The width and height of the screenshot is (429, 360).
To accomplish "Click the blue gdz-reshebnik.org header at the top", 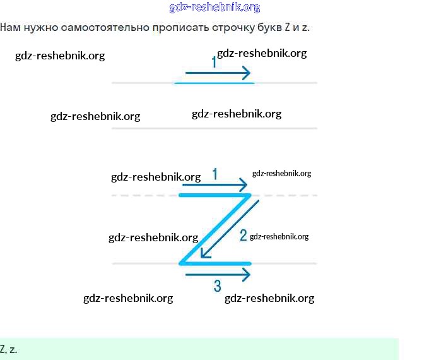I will point(214,8).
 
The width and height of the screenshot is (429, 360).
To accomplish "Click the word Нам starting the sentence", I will point(9,28).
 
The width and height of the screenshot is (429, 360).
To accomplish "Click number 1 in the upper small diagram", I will point(214,62).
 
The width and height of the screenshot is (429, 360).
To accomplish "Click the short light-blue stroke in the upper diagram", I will point(214,83).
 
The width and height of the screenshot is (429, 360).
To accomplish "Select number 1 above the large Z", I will point(215,174).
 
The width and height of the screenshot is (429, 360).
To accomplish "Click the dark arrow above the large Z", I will point(214,185).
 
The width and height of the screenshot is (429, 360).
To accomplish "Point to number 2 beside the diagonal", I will point(243,236).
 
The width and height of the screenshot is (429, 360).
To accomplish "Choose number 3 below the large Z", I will point(217,286).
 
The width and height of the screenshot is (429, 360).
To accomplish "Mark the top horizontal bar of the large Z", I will point(214,195).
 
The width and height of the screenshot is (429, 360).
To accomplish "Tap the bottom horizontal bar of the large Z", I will point(214,263).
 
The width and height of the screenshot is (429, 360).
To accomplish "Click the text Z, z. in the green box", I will point(9,349).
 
